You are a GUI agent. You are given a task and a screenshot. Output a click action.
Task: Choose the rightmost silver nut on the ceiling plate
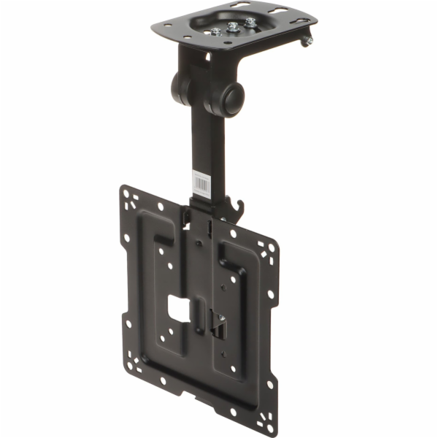(x=250, y=23)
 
